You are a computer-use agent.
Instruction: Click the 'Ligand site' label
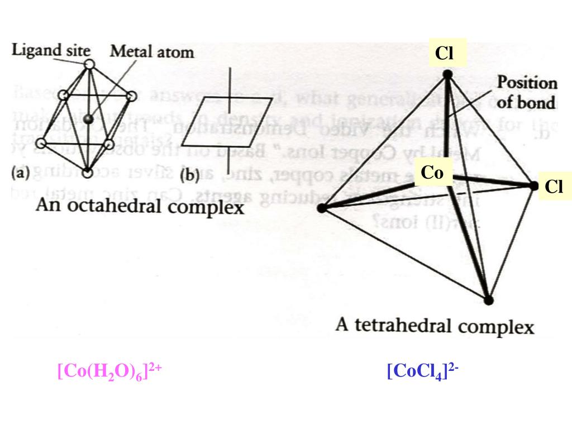pyautogui.click(x=51, y=50)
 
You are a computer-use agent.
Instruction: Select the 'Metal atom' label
pyautogui.click(x=152, y=52)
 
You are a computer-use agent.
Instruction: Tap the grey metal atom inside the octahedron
pyautogui.click(x=87, y=120)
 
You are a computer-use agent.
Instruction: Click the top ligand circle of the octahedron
pyautogui.click(x=89, y=65)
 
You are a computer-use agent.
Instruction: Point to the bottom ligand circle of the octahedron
pyautogui.click(x=87, y=173)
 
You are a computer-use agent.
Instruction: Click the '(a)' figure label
pyautogui.click(x=21, y=173)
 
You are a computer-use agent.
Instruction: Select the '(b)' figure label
pyautogui.click(x=191, y=177)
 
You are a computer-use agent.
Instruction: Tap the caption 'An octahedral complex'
pyautogui.click(x=140, y=207)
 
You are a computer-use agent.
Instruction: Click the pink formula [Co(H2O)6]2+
pyautogui.click(x=109, y=371)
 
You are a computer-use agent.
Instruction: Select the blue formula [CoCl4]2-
pyautogui.click(x=422, y=371)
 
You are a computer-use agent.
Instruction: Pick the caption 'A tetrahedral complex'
pyautogui.click(x=435, y=325)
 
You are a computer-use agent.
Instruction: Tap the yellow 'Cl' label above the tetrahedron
pyautogui.click(x=444, y=53)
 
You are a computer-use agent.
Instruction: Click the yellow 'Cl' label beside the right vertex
pyautogui.click(x=554, y=187)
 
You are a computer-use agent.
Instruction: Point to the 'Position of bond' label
pyautogui.click(x=527, y=93)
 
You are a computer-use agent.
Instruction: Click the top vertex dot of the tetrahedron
pyautogui.click(x=447, y=74)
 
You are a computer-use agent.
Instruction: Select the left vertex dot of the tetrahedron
pyautogui.click(x=321, y=208)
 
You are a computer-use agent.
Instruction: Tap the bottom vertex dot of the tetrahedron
pyautogui.click(x=489, y=301)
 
